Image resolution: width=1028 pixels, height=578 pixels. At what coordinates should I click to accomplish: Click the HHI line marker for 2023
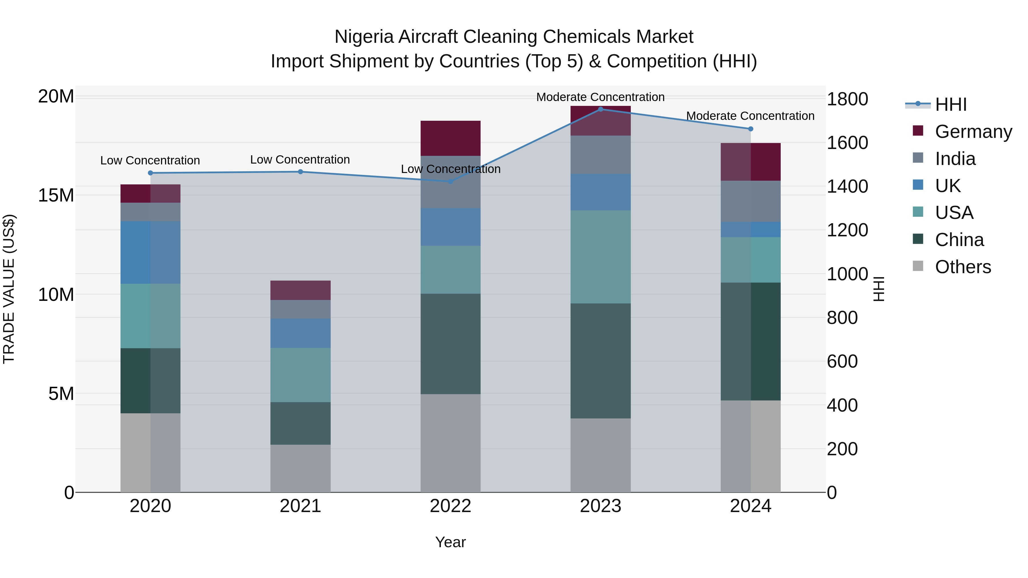click(600, 109)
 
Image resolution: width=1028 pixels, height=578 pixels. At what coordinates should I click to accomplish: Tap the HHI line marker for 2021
click(300, 172)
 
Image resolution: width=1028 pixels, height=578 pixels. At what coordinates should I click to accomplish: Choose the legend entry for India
click(955, 159)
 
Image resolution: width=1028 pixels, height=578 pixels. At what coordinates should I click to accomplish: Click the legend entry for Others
click(963, 267)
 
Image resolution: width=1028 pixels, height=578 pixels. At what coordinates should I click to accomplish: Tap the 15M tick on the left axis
click(56, 196)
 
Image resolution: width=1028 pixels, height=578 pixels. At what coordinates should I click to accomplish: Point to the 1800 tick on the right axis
click(847, 99)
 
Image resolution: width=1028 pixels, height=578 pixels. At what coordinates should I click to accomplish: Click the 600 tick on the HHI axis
click(842, 361)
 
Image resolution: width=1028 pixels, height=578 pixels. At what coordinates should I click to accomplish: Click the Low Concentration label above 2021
click(300, 160)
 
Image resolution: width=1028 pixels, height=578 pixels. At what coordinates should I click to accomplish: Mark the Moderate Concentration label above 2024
click(750, 116)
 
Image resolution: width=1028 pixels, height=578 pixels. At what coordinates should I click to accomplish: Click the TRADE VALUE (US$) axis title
click(9, 289)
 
